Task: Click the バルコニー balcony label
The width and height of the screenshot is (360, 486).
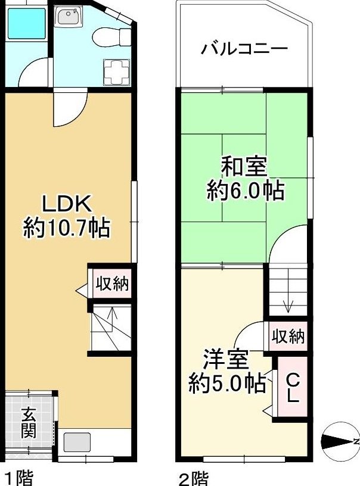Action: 244,49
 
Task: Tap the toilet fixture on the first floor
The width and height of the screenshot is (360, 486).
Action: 111,38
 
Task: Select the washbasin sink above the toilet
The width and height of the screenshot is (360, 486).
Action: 68,17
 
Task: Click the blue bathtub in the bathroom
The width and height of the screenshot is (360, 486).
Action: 26,24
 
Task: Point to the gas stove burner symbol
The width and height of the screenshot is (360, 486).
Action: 116,72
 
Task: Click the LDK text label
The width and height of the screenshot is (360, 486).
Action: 67,204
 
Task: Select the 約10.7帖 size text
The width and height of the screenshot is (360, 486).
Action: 66,228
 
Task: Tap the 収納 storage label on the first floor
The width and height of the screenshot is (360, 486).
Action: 112,283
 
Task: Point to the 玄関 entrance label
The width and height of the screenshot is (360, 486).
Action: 29,422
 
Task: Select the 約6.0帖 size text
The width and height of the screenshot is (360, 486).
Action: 246,191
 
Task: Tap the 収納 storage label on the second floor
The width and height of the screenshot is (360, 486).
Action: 288,337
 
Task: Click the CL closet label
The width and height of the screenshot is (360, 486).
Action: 293,387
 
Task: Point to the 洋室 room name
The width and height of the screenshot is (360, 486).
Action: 226,360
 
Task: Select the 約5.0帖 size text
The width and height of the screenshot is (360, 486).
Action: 227,384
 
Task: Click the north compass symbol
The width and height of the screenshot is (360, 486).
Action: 340,441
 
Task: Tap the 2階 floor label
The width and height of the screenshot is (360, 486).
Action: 194,479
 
